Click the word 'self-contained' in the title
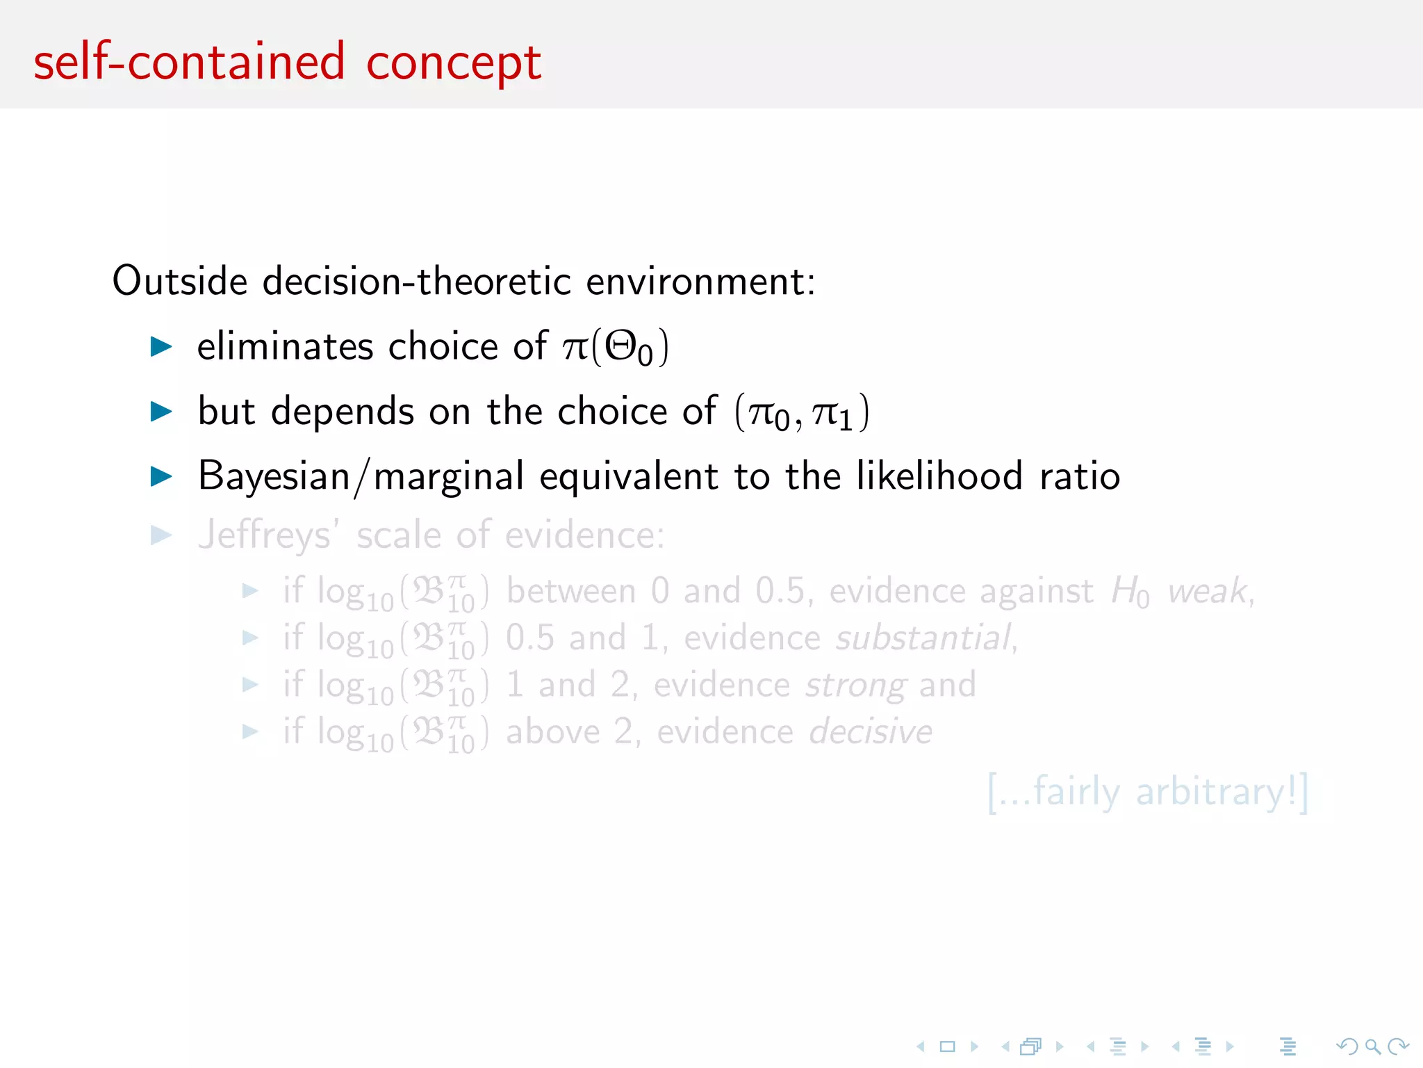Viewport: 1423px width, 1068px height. pos(189,63)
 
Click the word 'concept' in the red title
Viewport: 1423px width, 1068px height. pos(453,64)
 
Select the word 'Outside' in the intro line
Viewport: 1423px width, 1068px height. pos(180,281)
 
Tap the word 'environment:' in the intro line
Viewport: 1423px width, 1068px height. pos(700,282)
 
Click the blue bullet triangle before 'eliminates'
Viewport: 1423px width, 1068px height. pos(161,346)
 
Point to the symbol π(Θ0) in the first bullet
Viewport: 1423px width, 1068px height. pos(616,347)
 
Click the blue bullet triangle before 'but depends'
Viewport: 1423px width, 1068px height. pos(161,412)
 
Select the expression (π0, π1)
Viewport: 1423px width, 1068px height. pos(802,412)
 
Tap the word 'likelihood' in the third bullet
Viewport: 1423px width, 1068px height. pos(939,476)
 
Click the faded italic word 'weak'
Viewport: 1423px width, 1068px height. pos(1208,592)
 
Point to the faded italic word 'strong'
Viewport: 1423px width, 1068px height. pos(855,685)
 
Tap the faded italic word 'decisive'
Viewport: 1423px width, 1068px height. pos(871,732)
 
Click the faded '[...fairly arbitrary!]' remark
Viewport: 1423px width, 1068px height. pos(1147,792)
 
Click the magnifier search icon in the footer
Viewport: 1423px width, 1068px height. pos(1372,1046)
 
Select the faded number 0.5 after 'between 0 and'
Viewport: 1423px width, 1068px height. pos(780,592)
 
